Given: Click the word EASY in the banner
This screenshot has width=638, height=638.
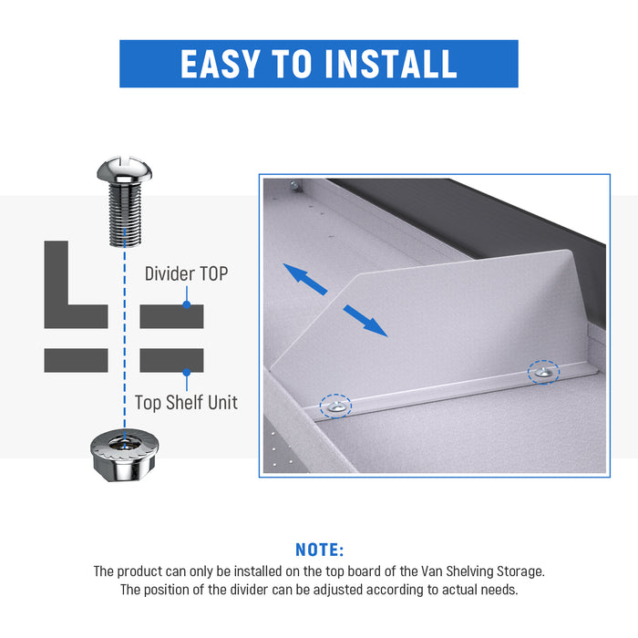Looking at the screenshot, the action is pyautogui.click(x=221, y=64).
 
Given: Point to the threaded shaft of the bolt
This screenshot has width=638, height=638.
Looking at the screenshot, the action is pyautogui.click(x=126, y=214).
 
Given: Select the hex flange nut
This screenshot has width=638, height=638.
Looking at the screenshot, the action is pyautogui.click(x=125, y=455).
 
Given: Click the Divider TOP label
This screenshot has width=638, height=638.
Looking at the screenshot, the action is pyautogui.click(x=186, y=273).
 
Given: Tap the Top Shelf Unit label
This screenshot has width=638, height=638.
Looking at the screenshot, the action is pyautogui.click(x=186, y=403).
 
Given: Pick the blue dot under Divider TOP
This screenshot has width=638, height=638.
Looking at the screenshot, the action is pyautogui.click(x=187, y=304).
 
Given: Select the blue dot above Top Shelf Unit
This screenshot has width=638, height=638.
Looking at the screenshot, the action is pyautogui.click(x=187, y=372).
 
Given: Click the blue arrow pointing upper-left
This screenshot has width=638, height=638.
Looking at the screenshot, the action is pyautogui.click(x=304, y=278).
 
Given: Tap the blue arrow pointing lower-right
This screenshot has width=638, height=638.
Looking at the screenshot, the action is pyautogui.click(x=365, y=321).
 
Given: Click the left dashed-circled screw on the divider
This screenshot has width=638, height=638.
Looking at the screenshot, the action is pyautogui.click(x=336, y=406).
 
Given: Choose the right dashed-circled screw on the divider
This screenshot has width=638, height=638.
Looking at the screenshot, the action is pyautogui.click(x=543, y=372).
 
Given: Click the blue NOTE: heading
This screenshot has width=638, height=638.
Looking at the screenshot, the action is pyautogui.click(x=319, y=550).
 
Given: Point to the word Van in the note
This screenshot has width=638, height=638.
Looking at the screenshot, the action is pyautogui.click(x=432, y=571).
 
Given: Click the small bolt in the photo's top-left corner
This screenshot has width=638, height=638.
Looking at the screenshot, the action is pyautogui.click(x=294, y=186).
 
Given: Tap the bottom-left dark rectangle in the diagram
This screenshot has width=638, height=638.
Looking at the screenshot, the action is pyautogui.click(x=76, y=360).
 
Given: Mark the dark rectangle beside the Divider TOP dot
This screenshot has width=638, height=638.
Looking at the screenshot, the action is pyautogui.click(x=171, y=316).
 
